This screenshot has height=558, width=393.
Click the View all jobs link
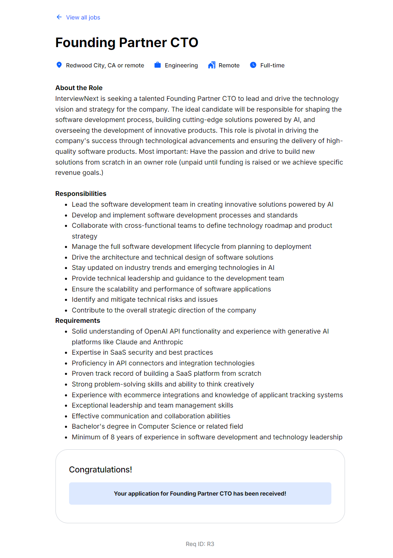click(x=83, y=17)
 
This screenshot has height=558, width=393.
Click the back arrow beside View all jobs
click(x=59, y=17)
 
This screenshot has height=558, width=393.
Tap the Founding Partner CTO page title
click(x=127, y=43)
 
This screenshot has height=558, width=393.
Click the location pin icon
click(x=59, y=65)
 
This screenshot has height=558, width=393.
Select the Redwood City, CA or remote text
click(x=105, y=65)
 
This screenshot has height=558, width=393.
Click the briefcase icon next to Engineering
click(x=158, y=65)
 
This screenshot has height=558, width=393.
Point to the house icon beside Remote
click(x=212, y=65)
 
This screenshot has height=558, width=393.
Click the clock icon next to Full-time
click(x=253, y=65)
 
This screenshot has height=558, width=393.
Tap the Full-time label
click(x=272, y=65)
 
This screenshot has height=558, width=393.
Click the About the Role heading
click(x=79, y=88)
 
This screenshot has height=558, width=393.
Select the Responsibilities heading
click(x=81, y=193)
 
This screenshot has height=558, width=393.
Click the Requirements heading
click(x=78, y=320)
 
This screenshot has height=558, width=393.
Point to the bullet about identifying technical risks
click(x=144, y=299)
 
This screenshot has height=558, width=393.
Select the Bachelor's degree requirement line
click(x=157, y=426)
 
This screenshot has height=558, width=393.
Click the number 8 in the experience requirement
click(x=113, y=437)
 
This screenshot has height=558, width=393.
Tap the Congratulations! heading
click(x=101, y=470)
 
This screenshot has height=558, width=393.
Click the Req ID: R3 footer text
click(x=200, y=544)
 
